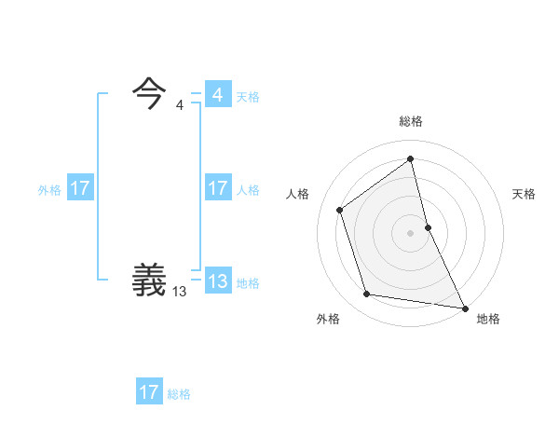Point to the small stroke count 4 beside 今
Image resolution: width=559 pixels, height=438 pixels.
coord(179,104)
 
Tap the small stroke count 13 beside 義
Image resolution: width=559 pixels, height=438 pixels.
coord(179,292)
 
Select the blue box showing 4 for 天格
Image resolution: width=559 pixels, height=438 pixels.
coord(217,95)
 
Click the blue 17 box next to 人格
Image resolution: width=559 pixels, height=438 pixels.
coord(217,188)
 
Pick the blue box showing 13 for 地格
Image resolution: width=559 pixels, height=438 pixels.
coord(217,281)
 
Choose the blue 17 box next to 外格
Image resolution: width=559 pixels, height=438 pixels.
coord(80,188)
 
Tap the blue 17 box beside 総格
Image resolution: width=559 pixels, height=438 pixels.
coord(149,392)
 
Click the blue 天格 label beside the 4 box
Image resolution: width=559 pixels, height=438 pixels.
coord(248,97)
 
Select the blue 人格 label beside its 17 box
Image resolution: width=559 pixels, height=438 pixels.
coord(248,190)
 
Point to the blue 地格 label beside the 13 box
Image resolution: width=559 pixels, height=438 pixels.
coord(248,283)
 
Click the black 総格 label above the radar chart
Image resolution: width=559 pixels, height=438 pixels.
coord(411,122)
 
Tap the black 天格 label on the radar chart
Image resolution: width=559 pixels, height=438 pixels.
coord(525,194)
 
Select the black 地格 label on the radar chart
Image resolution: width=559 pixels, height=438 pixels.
coord(488,319)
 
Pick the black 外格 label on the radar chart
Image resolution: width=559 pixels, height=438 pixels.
coord(328,319)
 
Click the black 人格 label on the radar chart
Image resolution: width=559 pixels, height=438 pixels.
coord(298,194)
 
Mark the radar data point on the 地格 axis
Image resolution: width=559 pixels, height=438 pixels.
coord(464,307)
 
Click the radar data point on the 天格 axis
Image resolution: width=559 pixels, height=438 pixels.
coord(428,226)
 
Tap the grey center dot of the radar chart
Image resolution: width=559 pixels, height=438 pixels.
coord(411,232)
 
